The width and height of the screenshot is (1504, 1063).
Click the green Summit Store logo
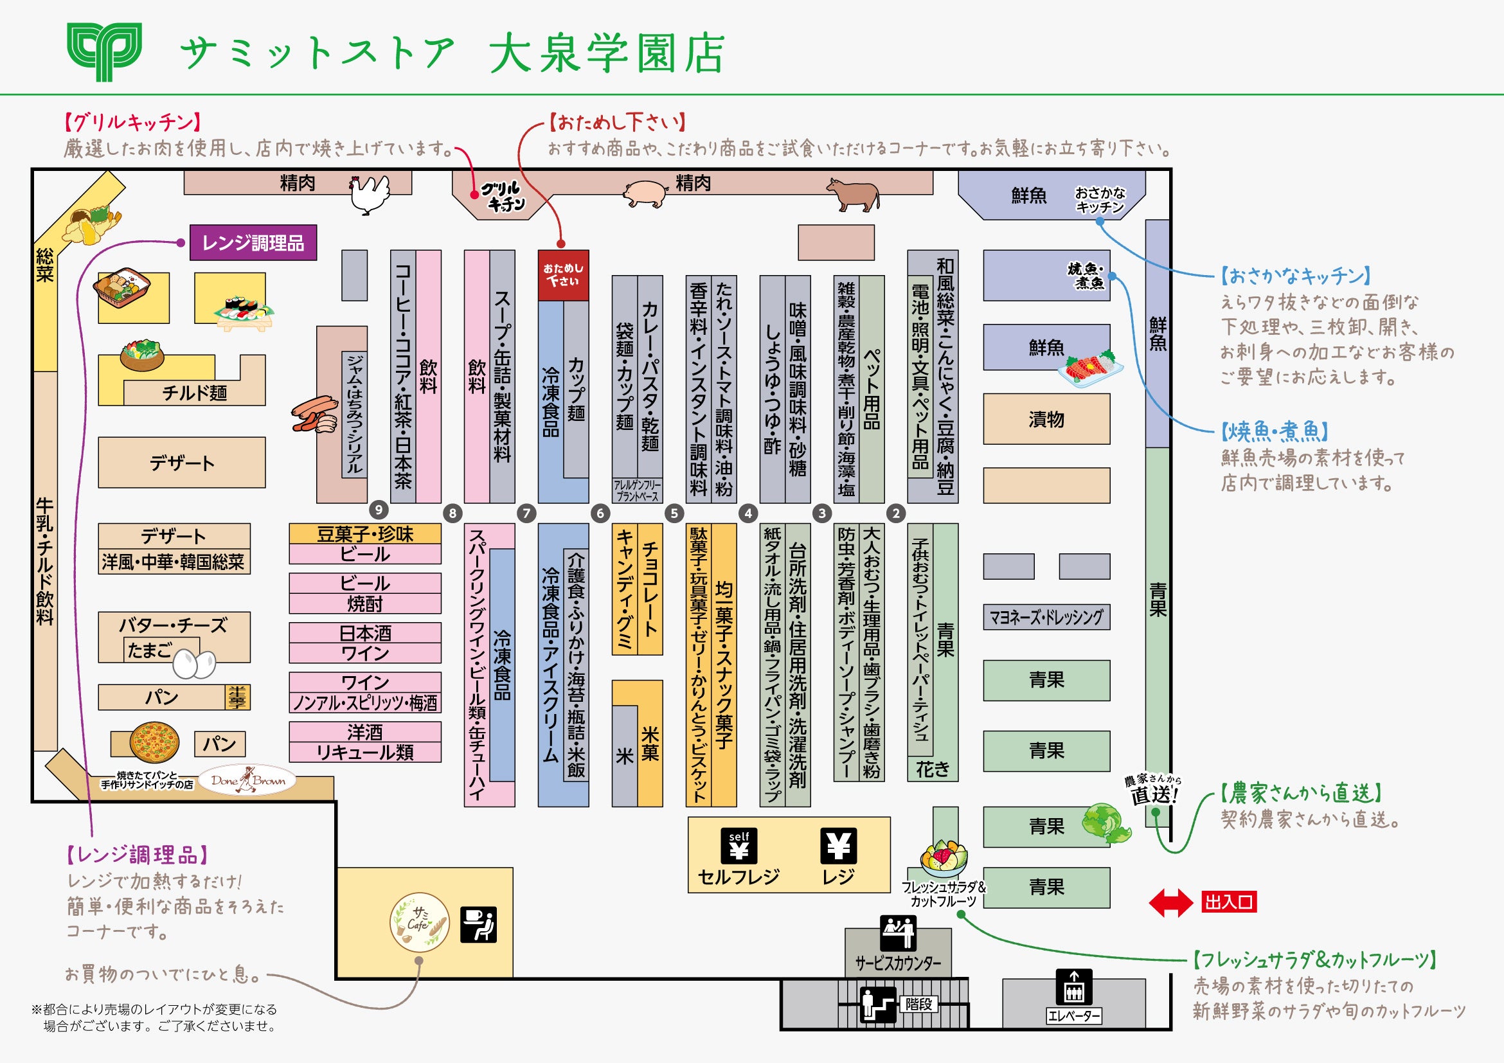[x=104, y=52]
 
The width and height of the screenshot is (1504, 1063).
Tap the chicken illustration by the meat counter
[x=369, y=195]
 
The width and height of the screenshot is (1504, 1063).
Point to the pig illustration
[x=645, y=193]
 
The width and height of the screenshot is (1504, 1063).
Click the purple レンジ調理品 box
[x=253, y=243]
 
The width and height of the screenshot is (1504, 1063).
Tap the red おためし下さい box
[x=562, y=275]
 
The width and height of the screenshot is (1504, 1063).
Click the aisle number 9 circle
[x=379, y=510]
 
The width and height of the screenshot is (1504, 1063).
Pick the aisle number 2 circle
[x=896, y=514]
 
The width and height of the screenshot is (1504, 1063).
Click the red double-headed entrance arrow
[x=1170, y=902]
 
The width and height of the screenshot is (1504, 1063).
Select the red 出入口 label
[x=1229, y=902]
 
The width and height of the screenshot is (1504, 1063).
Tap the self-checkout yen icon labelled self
[x=739, y=846]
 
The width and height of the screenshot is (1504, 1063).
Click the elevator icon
[x=1073, y=987]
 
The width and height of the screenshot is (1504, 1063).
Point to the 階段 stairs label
[x=918, y=1004]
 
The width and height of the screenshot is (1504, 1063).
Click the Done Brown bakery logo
[x=247, y=780]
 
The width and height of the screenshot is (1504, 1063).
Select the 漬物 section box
[x=1046, y=419]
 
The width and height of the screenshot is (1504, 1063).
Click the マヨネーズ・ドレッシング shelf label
[x=1046, y=617]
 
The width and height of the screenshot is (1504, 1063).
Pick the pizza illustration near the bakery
[x=155, y=743]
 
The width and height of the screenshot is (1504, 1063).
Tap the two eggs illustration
[x=195, y=664]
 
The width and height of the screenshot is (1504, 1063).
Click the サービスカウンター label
[x=897, y=963]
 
